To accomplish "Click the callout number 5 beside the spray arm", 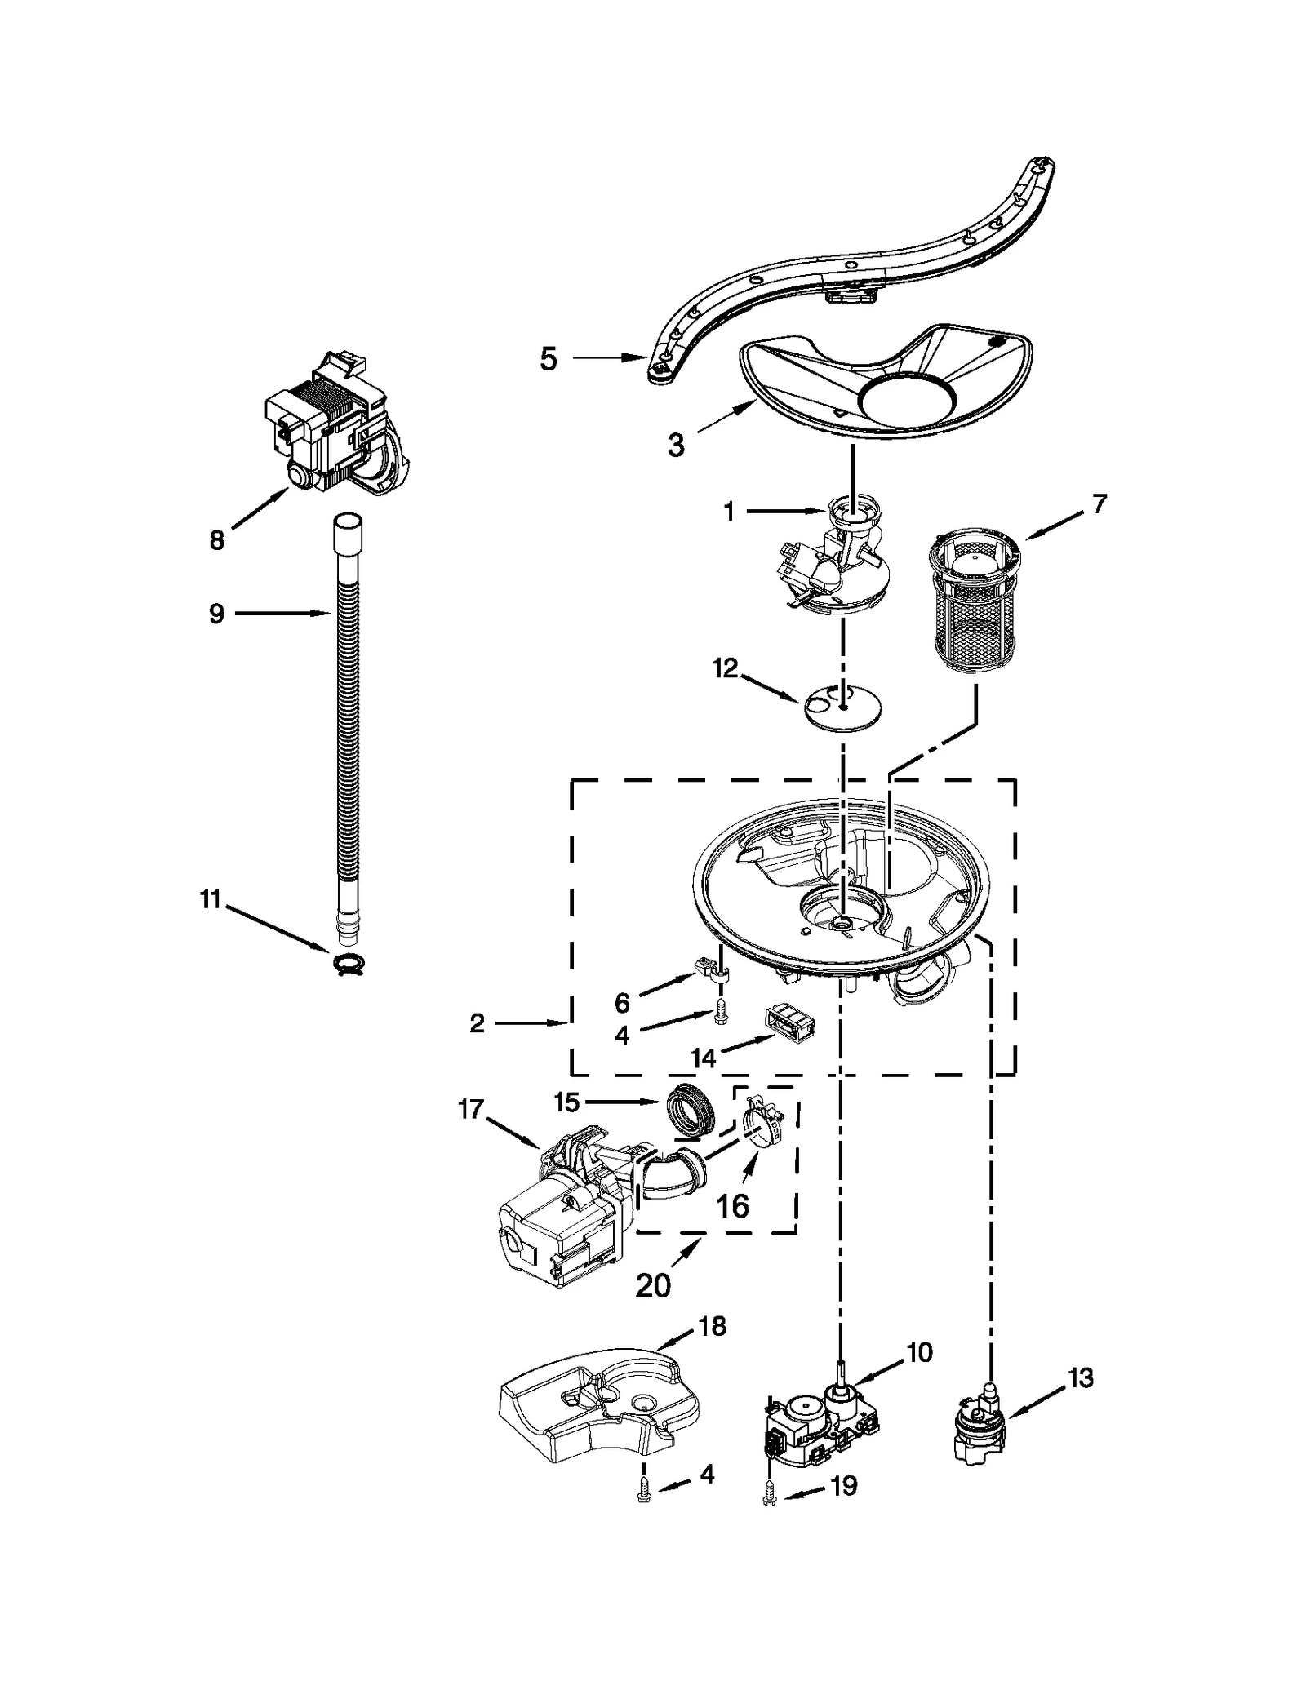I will point(549,359).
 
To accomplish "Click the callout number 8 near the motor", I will point(216,539).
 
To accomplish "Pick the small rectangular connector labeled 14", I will point(790,1021).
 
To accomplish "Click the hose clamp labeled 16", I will point(763,1129).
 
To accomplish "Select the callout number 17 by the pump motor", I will point(471,1110).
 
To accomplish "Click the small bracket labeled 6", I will point(713,969).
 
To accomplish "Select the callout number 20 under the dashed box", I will point(653,1285).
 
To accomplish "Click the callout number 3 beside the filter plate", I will point(676,446).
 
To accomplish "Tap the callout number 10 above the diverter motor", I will point(919,1352).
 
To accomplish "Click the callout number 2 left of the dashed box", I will point(478,1022).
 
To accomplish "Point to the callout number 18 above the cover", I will point(712,1326).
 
